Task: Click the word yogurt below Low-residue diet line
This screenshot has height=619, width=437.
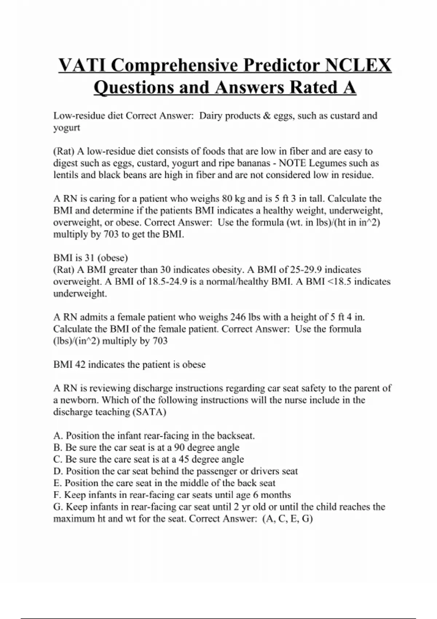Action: (x=67, y=128)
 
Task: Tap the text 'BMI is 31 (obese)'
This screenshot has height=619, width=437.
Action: (x=91, y=258)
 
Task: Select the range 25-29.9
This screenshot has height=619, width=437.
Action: (x=314, y=270)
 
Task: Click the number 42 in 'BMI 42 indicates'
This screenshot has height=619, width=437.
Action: (x=80, y=364)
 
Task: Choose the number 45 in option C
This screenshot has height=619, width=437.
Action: (x=184, y=460)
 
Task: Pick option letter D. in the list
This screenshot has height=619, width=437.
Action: (x=58, y=471)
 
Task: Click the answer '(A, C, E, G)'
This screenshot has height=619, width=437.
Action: (x=287, y=519)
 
